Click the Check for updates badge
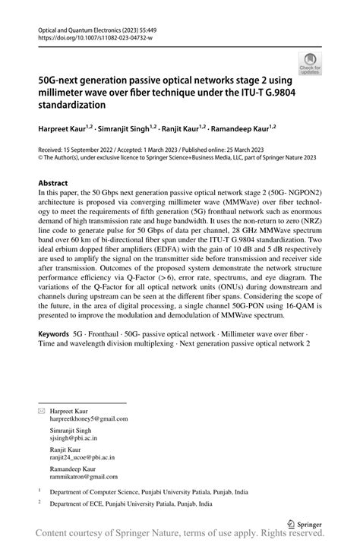point(309,63)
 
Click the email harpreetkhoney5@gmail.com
point(88,418)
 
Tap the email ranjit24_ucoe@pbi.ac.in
point(82,458)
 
